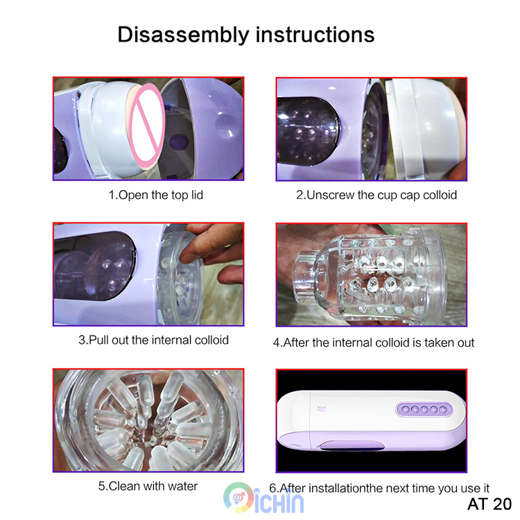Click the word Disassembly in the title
coord(184,35)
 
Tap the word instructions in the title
coord(315,34)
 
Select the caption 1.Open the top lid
coord(156,195)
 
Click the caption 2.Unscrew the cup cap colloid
coord(376,195)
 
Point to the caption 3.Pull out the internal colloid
coord(153,340)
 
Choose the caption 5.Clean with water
coord(148,486)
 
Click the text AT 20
coord(489,504)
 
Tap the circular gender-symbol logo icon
coord(239,497)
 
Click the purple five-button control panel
coord(424,410)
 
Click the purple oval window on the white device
coord(352,445)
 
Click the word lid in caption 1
coord(197,195)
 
